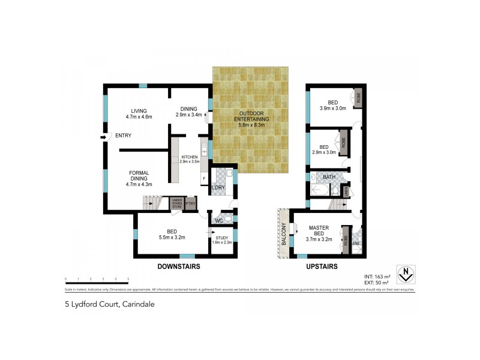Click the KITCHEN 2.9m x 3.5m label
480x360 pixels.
185,160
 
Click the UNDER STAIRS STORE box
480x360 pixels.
177,204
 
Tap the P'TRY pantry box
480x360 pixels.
191,204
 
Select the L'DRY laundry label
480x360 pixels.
218,188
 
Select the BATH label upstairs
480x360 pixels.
329,177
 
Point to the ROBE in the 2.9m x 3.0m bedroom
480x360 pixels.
344,142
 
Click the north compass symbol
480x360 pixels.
406,274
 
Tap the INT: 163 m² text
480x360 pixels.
376,276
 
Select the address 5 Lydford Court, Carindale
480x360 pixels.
110,304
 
